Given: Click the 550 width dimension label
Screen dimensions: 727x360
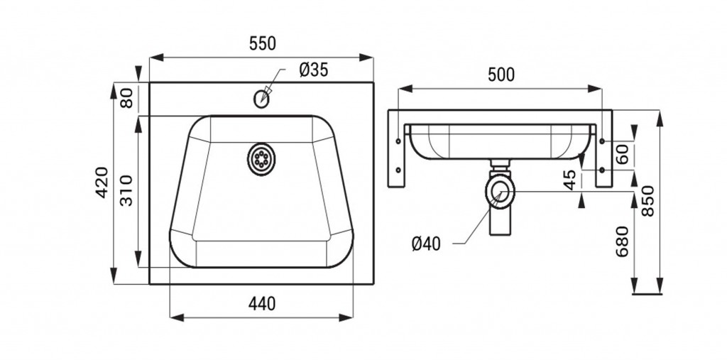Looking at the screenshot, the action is (x=263, y=43).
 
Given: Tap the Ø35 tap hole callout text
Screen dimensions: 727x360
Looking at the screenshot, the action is (x=313, y=70).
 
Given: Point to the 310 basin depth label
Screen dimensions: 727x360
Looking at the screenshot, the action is (x=126, y=190).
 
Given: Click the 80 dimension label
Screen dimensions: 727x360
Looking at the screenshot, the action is (x=126, y=98).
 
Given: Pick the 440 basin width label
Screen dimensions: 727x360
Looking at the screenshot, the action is (x=262, y=304).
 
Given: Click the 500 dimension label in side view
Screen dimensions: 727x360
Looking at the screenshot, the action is (x=501, y=75).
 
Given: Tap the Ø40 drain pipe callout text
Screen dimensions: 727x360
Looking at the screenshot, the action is (x=426, y=244).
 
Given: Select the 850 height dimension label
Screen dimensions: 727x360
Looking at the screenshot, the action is (x=647, y=201).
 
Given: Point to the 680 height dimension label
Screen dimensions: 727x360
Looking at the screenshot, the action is (x=622, y=241).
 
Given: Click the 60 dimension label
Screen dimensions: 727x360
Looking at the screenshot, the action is (x=622, y=154).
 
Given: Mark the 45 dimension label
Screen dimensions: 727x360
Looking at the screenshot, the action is (x=571, y=180).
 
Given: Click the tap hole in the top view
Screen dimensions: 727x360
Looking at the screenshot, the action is (x=261, y=99).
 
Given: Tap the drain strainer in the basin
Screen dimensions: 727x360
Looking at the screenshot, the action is (x=261, y=159).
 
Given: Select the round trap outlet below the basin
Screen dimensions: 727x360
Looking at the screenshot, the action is (x=500, y=190).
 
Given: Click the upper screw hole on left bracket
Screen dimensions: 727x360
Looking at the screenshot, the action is (x=398, y=141).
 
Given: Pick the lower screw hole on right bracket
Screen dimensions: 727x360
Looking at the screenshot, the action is (x=602, y=170).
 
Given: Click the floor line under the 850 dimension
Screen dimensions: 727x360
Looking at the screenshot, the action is (x=647, y=294).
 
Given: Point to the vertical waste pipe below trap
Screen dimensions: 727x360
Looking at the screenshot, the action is (x=500, y=222).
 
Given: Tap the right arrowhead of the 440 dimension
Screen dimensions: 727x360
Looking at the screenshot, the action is (x=346, y=317).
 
